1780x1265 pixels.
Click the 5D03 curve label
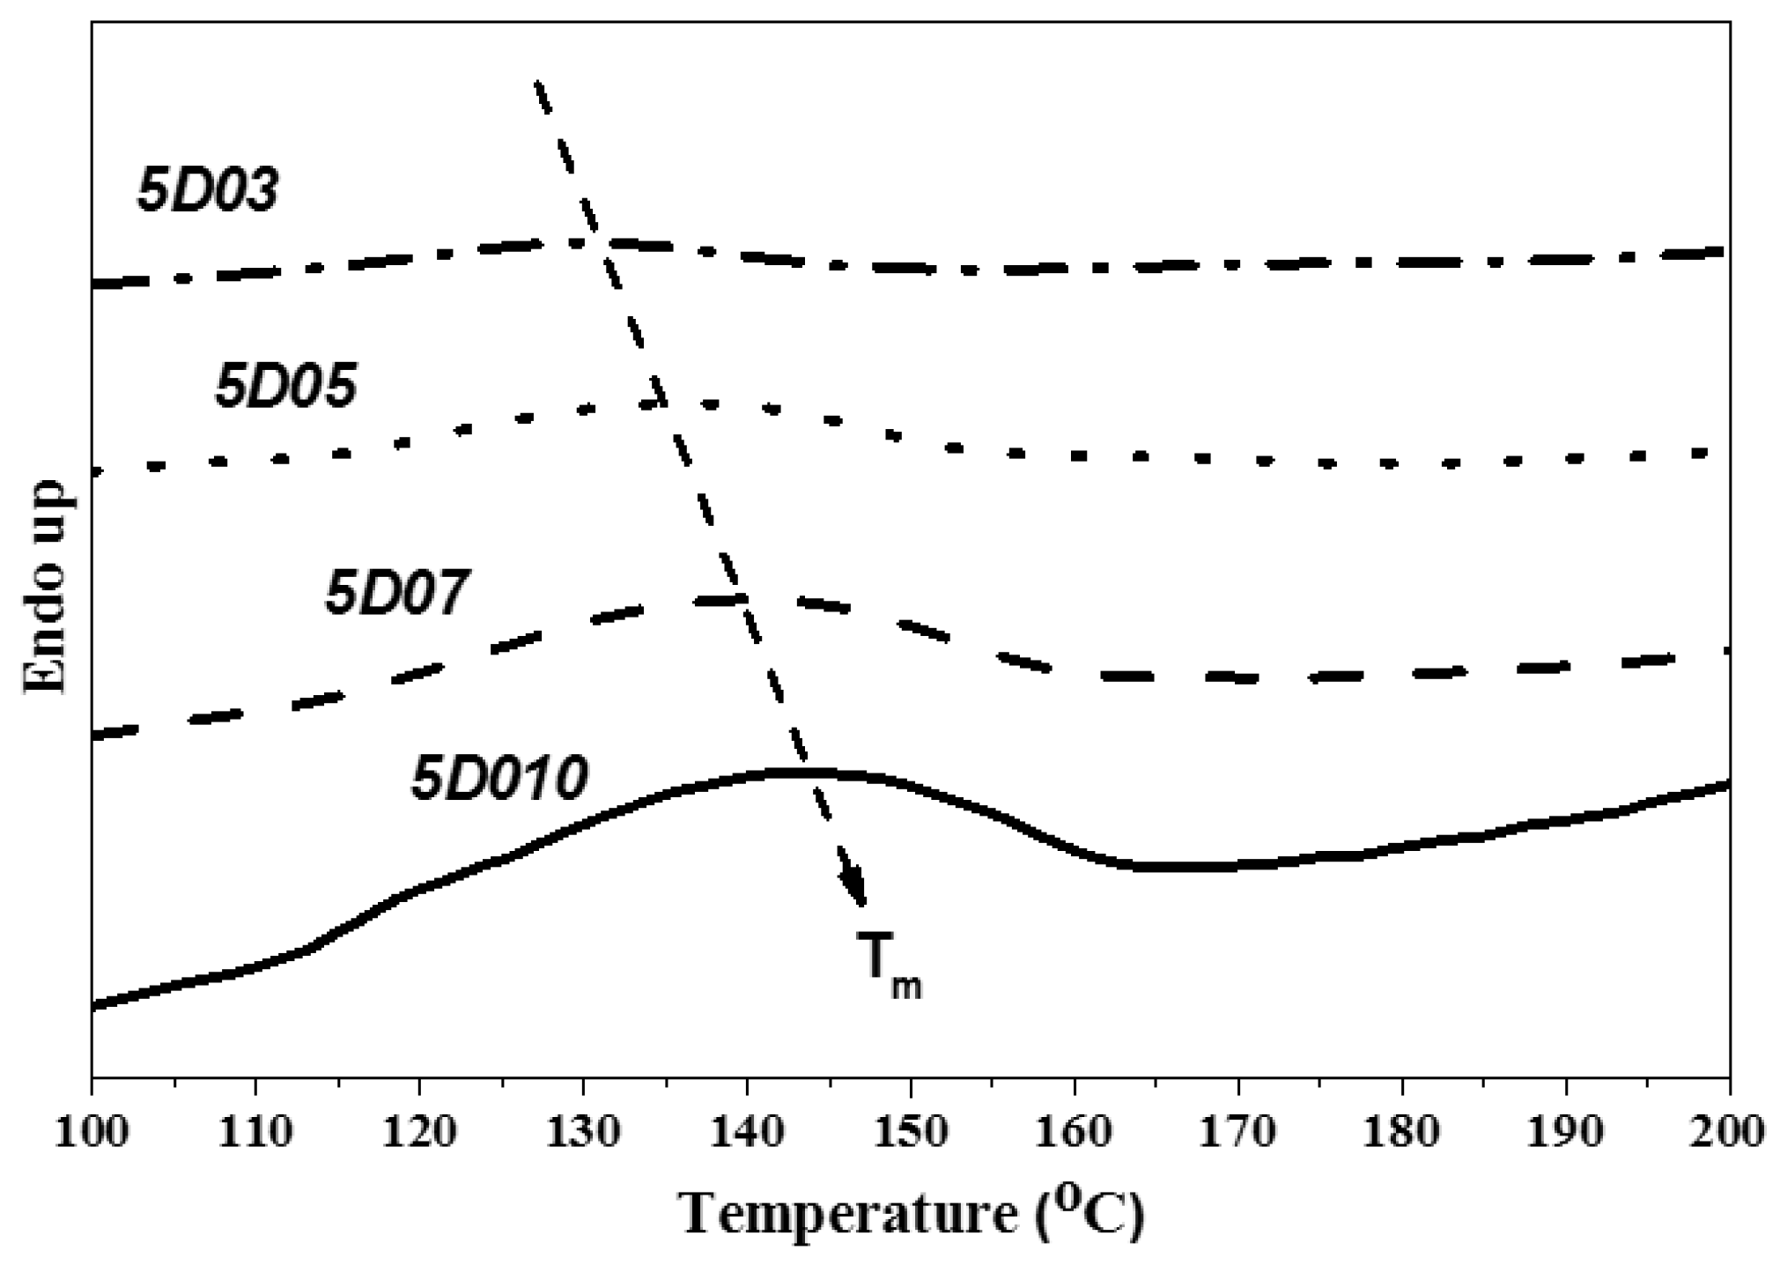point(208,189)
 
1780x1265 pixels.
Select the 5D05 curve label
point(285,385)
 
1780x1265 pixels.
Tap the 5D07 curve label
point(395,592)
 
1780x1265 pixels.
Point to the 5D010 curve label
point(499,780)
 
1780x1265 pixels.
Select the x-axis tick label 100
point(92,1131)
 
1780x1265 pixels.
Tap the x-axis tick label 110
point(255,1131)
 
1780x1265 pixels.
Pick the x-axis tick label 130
point(583,1131)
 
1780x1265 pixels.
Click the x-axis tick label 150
point(911,1131)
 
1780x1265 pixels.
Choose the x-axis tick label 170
point(1238,1131)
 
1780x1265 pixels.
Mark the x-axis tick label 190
point(1566,1131)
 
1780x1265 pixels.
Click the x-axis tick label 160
point(1075,1131)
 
